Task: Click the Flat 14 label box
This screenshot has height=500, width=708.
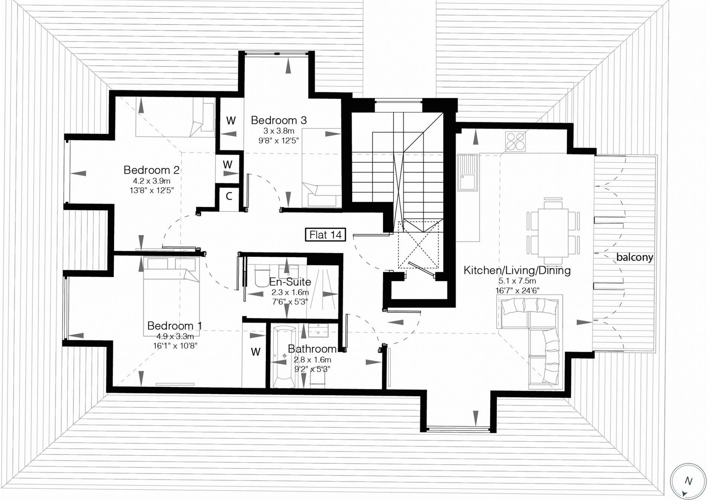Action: (x=325, y=235)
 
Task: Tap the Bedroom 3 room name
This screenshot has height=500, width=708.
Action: (x=279, y=120)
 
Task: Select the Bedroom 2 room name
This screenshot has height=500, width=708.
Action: (x=151, y=170)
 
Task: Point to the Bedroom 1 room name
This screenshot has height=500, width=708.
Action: (x=175, y=325)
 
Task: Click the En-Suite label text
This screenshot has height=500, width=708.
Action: (x=290, y=282)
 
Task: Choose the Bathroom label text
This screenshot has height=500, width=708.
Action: (x=312, y=349)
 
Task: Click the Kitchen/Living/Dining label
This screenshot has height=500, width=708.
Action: (x=517, y=270)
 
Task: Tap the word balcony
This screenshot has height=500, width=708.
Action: (x=635, y=258)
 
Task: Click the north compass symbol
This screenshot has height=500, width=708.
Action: (x=688, y=481)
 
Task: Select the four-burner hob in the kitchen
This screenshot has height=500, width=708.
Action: (x=516, y=142)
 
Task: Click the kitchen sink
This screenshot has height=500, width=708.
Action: (x=467, y=172)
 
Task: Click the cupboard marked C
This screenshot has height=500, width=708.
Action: (x=229, y=196)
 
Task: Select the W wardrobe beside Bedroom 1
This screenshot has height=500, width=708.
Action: (x=256, y=352)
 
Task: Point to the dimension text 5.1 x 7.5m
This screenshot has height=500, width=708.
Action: (x=517, y=281)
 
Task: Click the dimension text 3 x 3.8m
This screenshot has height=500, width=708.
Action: (x=279, y=131)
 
